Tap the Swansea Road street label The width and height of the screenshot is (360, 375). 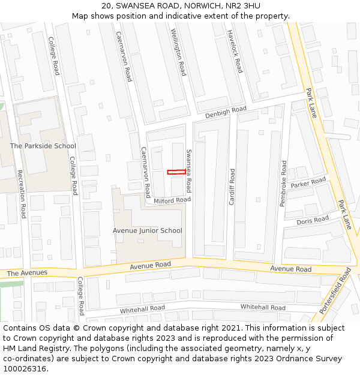click(x=188, y=170)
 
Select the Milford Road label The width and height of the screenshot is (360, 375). click(x=172, y=200)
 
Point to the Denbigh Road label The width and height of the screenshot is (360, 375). click(x=226, y=112)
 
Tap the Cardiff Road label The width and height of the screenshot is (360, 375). click(x=232, y=187)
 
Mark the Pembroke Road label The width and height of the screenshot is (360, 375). click(x=283, y=184)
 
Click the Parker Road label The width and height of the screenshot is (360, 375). click(x=308, y=183)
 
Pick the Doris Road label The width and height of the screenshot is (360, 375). click(x=313, y=221)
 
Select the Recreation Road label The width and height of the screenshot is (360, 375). click(x=22, y=194)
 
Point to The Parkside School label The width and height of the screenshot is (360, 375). click(x=43, y=146)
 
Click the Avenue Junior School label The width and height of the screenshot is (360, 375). click(x=148, y=230)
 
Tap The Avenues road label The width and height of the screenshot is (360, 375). click(x=27, y=273)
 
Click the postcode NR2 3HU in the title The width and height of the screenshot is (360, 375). click(x=243, y=5)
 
